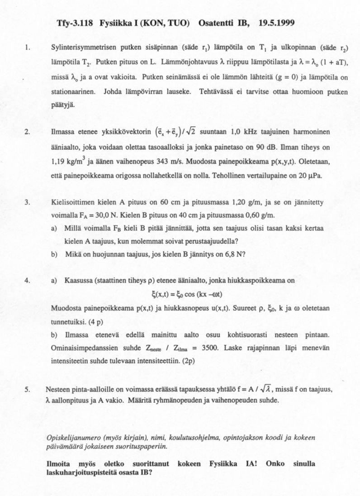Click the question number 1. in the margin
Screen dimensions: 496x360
[x=28, y=47]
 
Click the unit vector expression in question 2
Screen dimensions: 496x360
[x=182, y=132]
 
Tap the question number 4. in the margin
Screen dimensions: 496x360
[x=28, y=281]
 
